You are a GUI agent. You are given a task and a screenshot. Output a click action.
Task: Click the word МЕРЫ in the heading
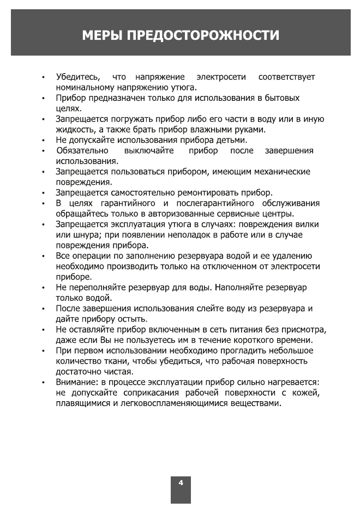click(102, 36)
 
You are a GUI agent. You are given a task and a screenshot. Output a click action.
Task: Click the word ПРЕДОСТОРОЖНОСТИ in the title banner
click(203, 36)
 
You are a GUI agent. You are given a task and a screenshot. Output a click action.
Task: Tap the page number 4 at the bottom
click(181, 482)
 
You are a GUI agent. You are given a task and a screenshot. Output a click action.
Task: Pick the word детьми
click(232, 140)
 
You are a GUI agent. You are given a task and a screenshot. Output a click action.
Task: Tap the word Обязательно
click(82, 150)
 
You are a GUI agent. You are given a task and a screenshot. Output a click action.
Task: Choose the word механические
click(280, 172)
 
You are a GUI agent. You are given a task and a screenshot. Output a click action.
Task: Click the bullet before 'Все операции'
click(43, 256)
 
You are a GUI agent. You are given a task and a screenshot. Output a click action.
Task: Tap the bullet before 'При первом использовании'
click(43, 350)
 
